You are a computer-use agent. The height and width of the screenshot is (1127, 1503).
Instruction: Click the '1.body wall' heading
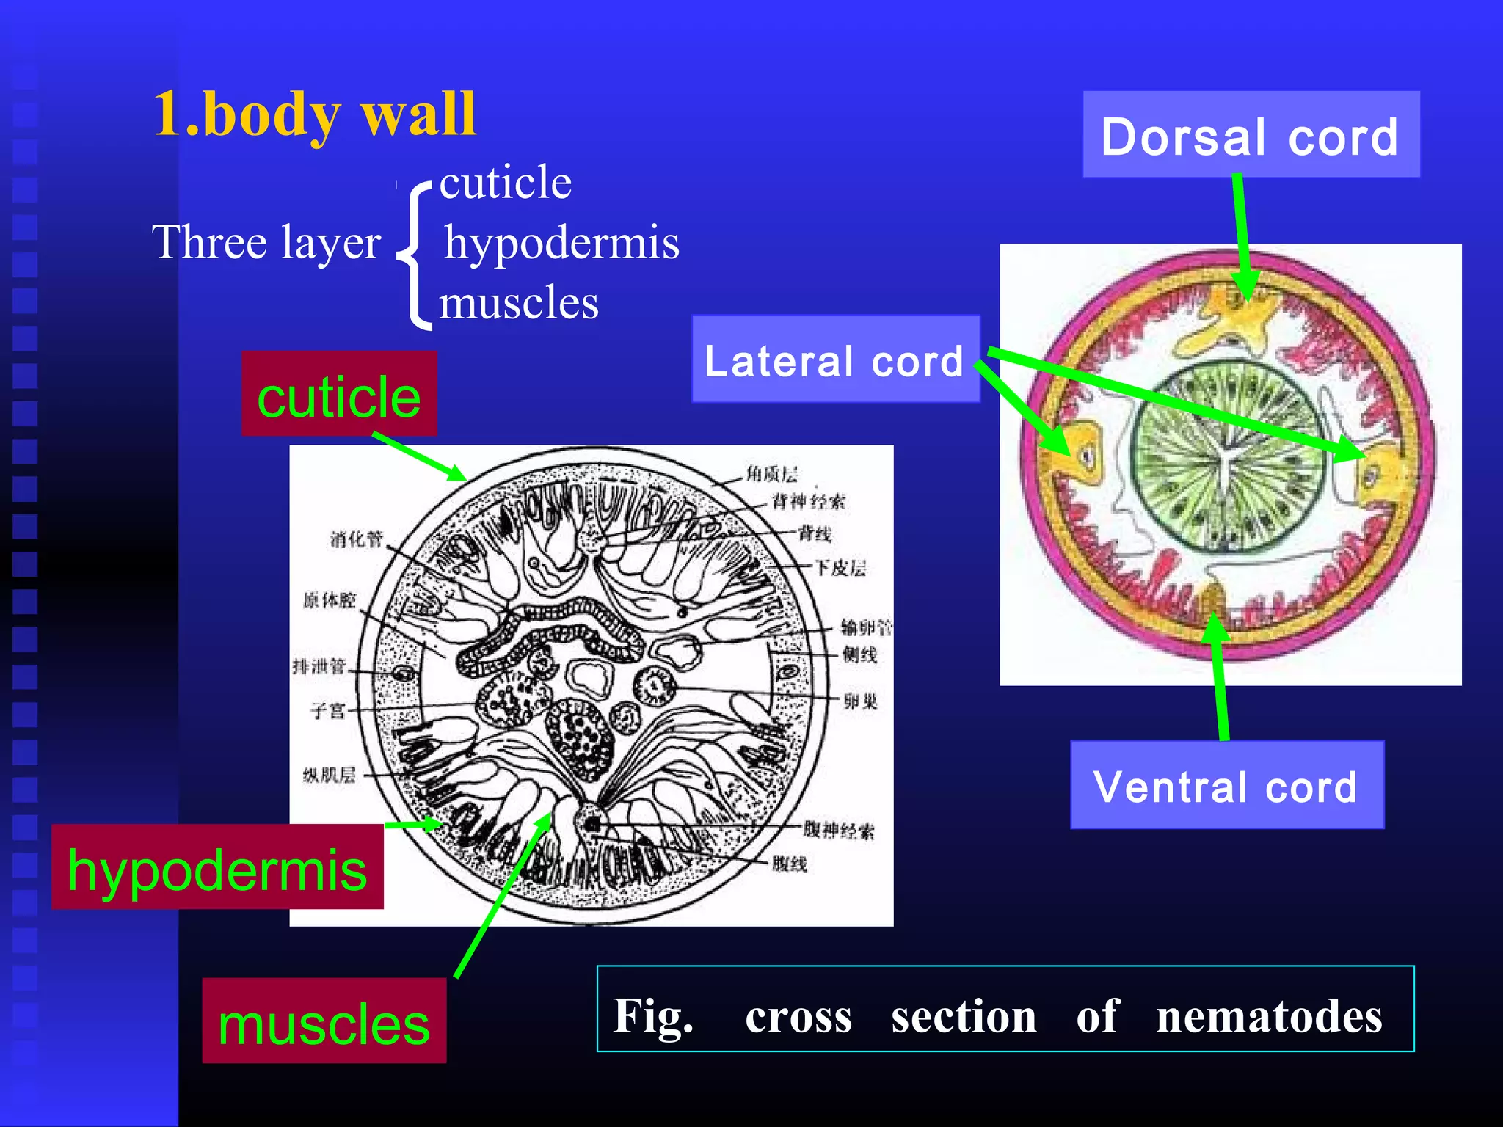coord(315,114)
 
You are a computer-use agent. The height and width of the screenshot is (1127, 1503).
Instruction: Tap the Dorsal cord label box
coord(1251,135)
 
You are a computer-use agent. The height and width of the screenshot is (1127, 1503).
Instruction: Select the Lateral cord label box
coord(835,360)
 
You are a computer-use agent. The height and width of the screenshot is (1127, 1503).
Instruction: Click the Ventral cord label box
coord(1226,786)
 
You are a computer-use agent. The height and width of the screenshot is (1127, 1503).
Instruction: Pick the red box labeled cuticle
coord(339,395)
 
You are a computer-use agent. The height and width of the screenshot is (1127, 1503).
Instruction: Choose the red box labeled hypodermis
coord(217,868)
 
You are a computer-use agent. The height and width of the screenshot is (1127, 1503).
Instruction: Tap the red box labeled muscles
coord(324,1022)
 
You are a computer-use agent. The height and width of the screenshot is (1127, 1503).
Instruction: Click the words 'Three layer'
coord(266,242)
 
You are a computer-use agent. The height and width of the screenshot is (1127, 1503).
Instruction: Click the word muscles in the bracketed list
coord(519,302)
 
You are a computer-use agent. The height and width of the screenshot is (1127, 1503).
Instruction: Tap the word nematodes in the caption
coord(1269,1016)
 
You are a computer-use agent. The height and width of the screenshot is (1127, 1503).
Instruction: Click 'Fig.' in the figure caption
coord(652,1016)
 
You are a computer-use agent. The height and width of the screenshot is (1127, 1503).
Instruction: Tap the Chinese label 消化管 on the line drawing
coord(356,539)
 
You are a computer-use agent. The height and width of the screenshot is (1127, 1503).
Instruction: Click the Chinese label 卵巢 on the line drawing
coord(860,701)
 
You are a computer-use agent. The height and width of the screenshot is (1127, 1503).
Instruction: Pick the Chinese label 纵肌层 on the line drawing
coord(329,775)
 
